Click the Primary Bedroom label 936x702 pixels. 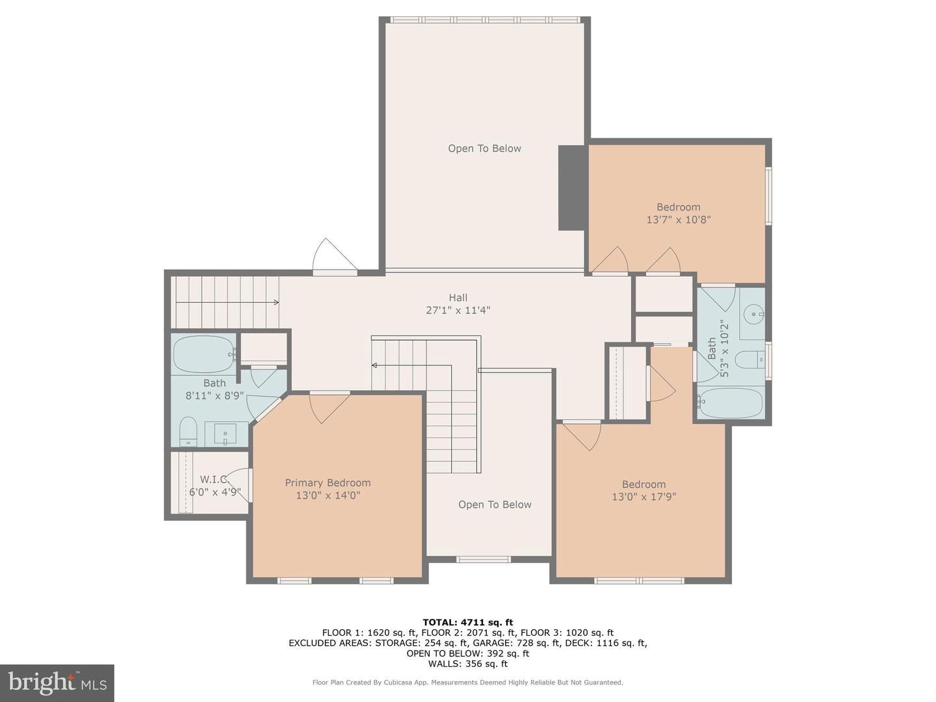click(x=328, y=483)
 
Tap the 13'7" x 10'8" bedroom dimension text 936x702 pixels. click(x=678, y=220)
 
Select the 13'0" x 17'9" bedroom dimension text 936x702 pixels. click(x=643, y=497)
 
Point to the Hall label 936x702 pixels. click(x=458, y=298)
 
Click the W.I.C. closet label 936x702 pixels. click(x=213, y=480)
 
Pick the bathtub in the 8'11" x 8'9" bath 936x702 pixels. click(x=204, y=354)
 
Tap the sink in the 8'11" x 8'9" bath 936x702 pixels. click(x=226, y=434)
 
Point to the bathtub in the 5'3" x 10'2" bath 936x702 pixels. click(x=731, y=403)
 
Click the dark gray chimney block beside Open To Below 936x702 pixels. click(x=572, y=187)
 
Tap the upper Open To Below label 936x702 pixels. click(x=484, y=149)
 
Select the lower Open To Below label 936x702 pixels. click(x=495, y=505)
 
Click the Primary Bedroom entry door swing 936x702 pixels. click(x=328, y=407)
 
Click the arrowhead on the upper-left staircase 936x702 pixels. click(x=277, y=302)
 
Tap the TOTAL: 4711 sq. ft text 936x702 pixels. click(x=467, y=622)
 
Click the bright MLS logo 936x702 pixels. click(x=57, y=682)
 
